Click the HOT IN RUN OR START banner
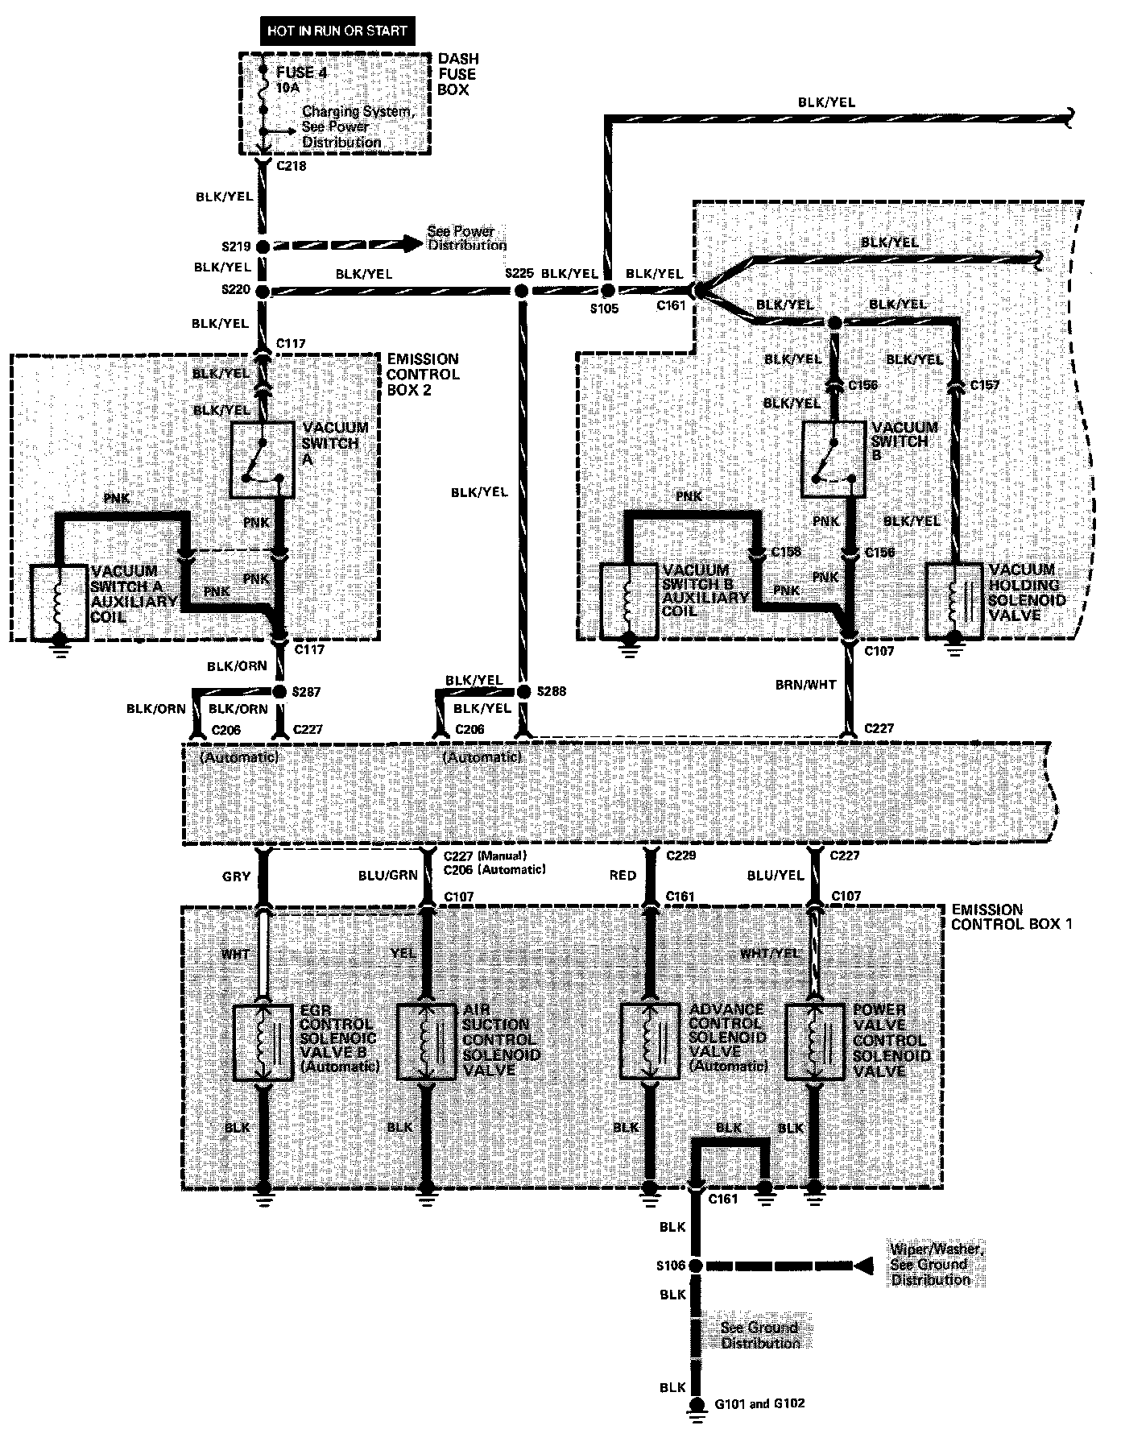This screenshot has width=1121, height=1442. click(x=338, y=31)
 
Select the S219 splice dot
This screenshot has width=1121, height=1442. click(x=263, y=247)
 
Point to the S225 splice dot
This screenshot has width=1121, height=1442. click(x=522, y=291)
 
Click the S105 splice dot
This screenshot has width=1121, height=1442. click(x=608, y=291)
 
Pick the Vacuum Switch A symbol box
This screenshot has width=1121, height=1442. click(x=261, y=459)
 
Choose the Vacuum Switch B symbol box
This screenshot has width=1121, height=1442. click(x=833, y=458)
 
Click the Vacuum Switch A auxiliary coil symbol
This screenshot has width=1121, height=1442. click(x=59, y=603)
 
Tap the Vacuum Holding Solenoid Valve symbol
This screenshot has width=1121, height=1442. click(x=955, y=601)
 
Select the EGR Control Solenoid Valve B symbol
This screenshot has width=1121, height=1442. click(x=263, y=1042)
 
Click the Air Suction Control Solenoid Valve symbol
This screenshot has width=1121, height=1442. click(x=427, y=1042)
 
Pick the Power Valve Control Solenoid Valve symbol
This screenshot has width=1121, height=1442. click(x=815, y=1042)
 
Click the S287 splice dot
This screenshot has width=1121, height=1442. click(x=279, y=692)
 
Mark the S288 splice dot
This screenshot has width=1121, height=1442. click(x=523, y=692)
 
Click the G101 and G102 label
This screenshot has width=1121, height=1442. click(x=759, y=1404)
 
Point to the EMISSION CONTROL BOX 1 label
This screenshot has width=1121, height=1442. click(x=1011, y=917)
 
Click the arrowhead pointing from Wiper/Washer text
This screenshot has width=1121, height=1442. click(x=862, y=1266)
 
